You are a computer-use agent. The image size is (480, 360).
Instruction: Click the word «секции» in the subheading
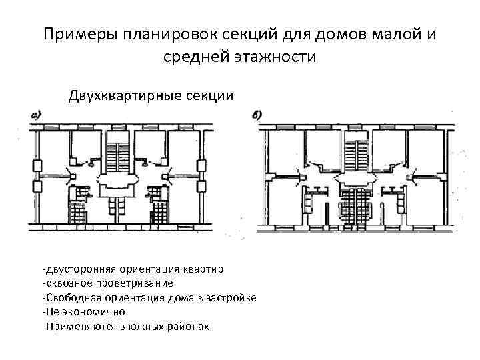[209, 95]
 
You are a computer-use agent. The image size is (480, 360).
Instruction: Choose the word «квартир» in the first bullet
[204, 270]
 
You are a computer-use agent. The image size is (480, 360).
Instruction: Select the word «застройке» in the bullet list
[231, 298]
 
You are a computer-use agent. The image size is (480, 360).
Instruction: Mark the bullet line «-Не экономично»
[75, 312]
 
